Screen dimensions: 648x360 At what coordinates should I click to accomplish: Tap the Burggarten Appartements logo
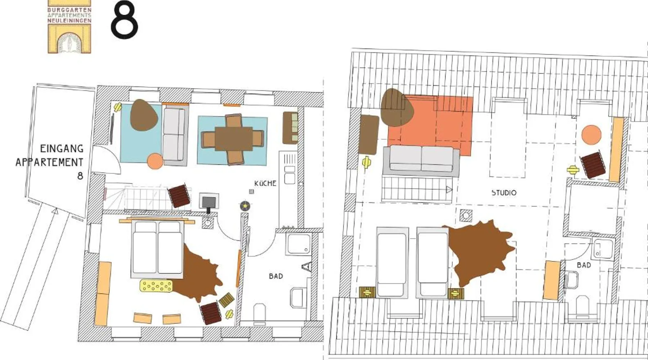tap(69, 27)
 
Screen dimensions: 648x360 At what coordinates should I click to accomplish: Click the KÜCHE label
tap(265, 183)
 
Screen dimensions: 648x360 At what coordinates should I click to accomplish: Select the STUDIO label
tap(504, 193)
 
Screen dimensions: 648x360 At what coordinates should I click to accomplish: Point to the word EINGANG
tap(62, 148)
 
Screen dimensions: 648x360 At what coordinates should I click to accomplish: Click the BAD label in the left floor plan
tap(276, 276)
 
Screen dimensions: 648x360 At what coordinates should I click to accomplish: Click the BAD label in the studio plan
tap(584, 265)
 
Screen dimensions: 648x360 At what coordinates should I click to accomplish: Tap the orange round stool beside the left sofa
tap(155, 161)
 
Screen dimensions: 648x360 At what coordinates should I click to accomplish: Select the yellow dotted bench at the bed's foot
tap(156, 286)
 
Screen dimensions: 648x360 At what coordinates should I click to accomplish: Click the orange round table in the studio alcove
tap(591, 135)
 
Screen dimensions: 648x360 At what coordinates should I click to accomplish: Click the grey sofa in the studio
tap(421, 161)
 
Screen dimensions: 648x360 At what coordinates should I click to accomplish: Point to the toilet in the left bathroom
tap(259, 312)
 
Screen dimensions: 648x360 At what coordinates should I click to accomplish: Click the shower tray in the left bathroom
tap(298, 244)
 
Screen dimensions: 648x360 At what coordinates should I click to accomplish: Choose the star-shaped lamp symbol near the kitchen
tap(245, 206)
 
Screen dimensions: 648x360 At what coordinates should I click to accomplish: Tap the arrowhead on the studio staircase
tap(449, 189)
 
